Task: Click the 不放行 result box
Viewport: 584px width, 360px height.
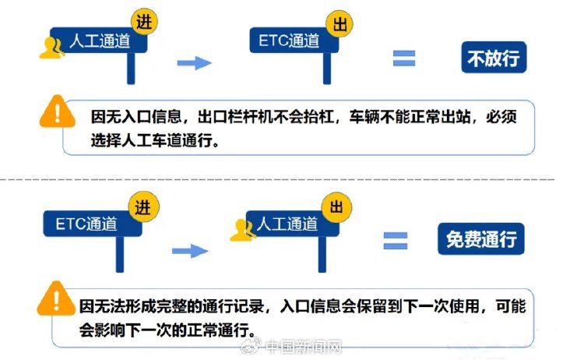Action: click(x=494, y=58)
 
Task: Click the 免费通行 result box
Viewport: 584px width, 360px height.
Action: click(x=481, y=239)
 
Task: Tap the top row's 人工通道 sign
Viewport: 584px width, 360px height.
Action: click(x=99, y=41)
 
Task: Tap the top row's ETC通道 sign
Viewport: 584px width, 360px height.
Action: click(x=294, y=40)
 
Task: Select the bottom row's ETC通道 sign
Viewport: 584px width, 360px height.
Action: click(x=93, y=224)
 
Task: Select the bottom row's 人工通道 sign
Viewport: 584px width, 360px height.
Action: click(x=292, y=224)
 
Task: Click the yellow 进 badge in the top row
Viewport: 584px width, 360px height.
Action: click(x=144, y=22)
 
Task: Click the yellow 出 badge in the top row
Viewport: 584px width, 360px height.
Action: click(x=339, y=24)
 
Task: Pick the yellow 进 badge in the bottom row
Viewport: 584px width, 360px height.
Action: click(x=144, y=207)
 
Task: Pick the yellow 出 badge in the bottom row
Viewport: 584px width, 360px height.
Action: click(x=336, y=207)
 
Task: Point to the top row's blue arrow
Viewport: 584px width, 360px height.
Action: click(x=195, y=63)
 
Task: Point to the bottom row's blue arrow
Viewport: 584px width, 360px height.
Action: click(x=190, y=251)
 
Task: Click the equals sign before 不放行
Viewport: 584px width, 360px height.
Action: click(x=404, y=58)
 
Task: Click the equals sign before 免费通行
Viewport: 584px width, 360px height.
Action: click(x=396, y=241)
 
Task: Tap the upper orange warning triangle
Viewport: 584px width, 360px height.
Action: click(x=58, y=111)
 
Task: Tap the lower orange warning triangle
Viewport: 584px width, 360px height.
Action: click(x=56, y=298)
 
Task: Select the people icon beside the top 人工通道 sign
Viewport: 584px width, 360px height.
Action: click(x=51, y=48)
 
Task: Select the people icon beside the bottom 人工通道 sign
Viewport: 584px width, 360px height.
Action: click(x=242, y=230)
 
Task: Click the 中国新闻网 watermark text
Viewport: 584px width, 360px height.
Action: click(x=304, y=348)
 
